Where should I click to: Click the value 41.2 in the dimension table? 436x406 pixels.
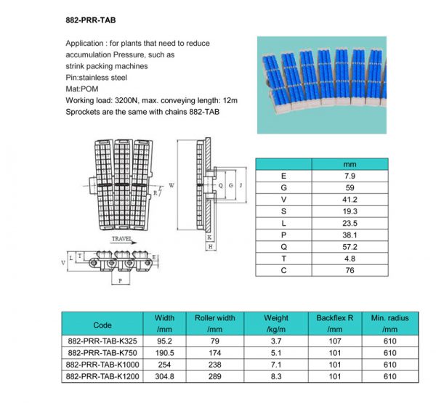tap(349, 198)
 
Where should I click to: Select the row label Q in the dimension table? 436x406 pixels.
tap(283, 246)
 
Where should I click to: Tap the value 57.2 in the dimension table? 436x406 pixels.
tap(349, 246)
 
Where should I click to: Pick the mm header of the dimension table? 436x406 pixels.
tap(349, 164)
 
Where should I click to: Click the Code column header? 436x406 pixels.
tap(102, 325)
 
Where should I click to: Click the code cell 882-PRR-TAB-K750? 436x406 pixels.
tap(102, 352)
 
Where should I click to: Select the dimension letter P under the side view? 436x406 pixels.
tap(120, 280)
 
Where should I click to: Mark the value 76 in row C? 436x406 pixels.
tap(349, 270)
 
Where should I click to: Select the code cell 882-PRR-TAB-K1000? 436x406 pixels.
tap(102, 364)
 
